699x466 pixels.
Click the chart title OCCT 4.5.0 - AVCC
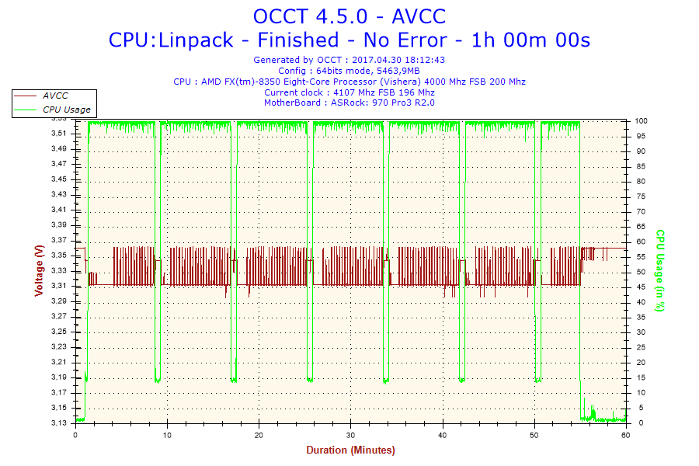[349, 16]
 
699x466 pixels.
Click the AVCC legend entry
[54, 96]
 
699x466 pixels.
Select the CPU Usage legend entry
[66, 110]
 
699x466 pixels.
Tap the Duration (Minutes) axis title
[350, 450]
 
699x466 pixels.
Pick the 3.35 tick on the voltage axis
[59, 256]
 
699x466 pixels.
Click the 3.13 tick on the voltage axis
[59, 423]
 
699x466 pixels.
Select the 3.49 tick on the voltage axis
[59, 149]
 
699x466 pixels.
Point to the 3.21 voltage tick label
[59, 362]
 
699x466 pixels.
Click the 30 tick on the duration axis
[351, 435]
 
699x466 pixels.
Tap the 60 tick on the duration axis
[626, 435]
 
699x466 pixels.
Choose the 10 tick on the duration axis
[167, 435]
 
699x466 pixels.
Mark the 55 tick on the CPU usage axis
[640, 257]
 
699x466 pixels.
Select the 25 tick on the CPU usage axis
[640, 347]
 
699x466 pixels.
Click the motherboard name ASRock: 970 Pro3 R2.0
[383, 103]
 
